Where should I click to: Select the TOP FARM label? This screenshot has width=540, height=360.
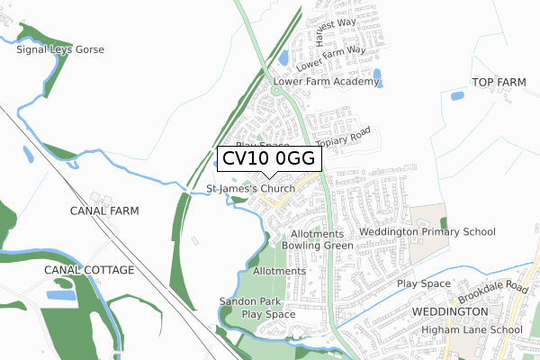tap(498, 83)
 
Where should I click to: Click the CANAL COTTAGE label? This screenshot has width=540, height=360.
tap(90, 270)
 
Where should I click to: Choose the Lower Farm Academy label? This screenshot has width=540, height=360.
tap(325, 82)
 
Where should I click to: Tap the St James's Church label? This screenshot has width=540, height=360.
tap(251, 189)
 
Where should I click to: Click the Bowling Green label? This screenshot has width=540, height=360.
tap(317, 245)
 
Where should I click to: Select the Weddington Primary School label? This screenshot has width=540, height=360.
tap(427, 232)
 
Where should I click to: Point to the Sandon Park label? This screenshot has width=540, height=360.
tap(249, 301)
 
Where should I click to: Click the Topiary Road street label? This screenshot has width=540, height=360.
tap(344, 141)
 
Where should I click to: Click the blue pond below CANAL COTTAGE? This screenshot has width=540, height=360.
tap(60, 295)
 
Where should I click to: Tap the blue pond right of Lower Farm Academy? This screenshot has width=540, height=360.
tap(377, 76)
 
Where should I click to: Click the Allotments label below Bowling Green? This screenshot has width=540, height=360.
tap(279, 271)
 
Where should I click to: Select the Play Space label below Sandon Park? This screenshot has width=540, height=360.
tap(268, 315)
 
